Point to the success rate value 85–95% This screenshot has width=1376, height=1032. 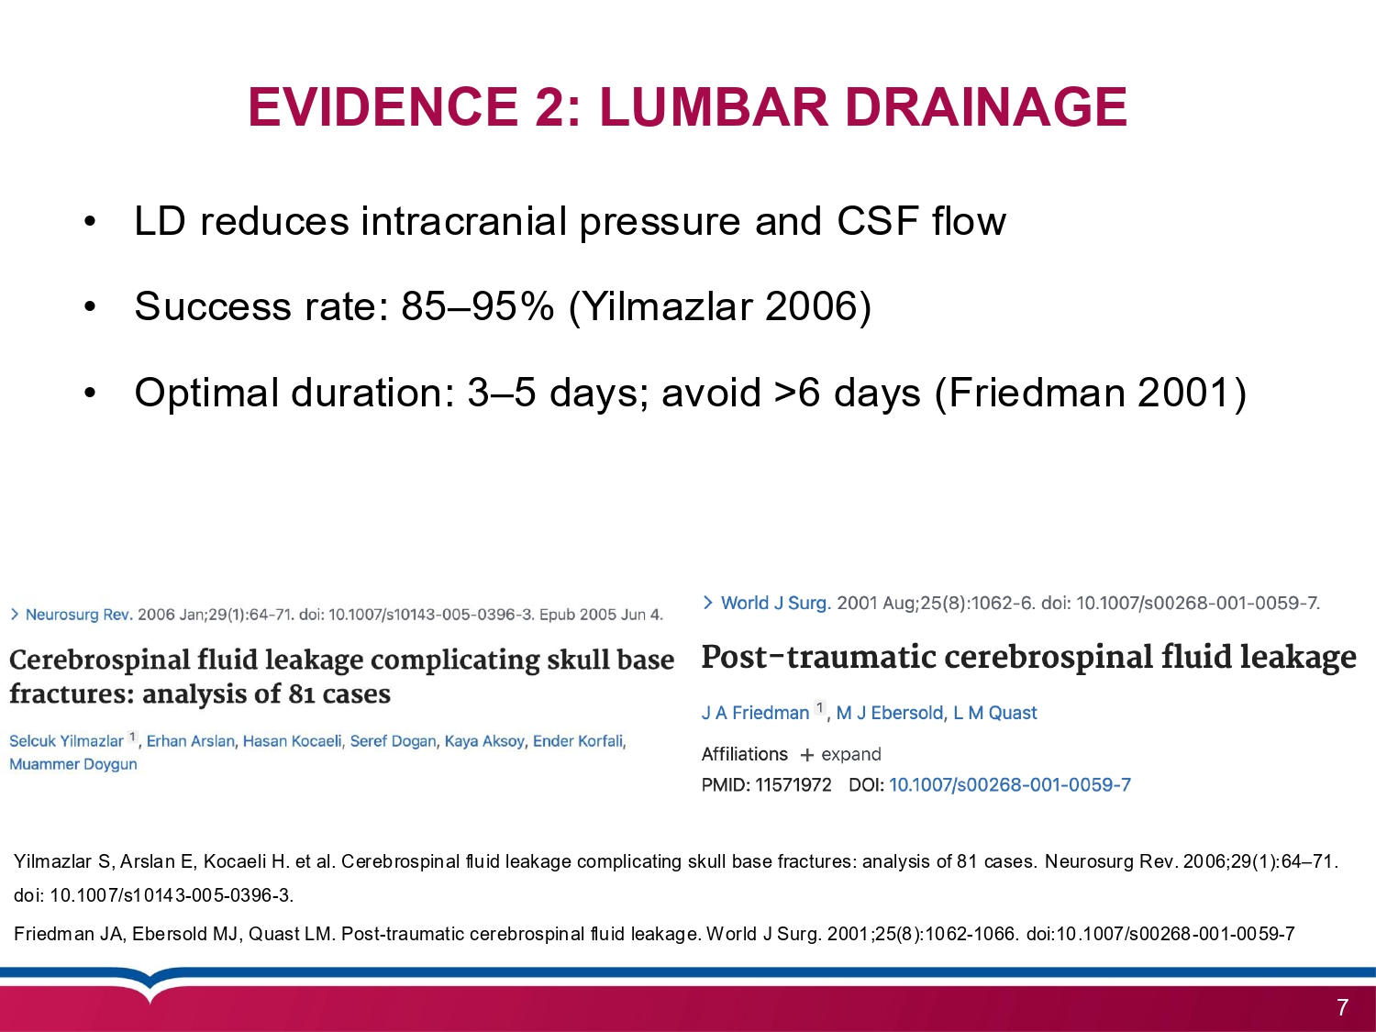click(x=477, y=306)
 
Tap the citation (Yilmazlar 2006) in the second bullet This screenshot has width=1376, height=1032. click(x=720, y=306)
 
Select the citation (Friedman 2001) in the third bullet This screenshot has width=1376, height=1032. click(x=1090, y=393)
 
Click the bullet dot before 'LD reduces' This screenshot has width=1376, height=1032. click(x=90, y=222)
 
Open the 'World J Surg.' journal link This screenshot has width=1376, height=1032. click(x=775, y=603)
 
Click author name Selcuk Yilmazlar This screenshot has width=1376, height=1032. click(x=66, y=741)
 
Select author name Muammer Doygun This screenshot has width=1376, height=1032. click(x=73, y=764)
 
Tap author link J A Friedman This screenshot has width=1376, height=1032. click(x=755, y=713)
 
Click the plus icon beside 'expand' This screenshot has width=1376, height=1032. click(x=806, y=755)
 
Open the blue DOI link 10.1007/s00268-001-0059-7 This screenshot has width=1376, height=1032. click(x=1009, y=785)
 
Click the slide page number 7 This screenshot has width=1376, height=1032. click(x=1342, y=1008)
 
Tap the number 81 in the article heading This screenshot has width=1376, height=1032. click(x=302, y=694)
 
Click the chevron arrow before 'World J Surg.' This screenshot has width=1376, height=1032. click(x=707, y=603)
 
